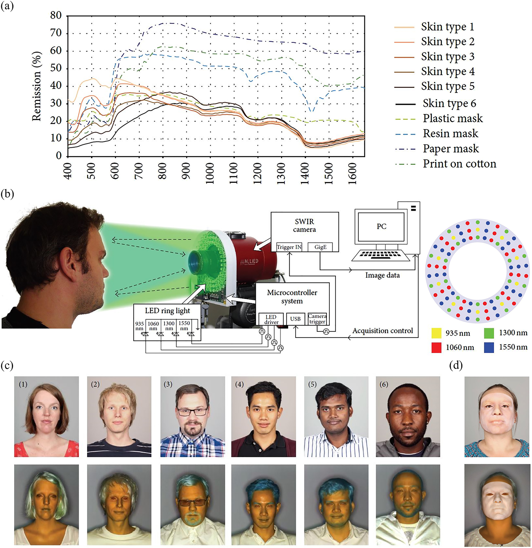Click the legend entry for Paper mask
coord(450,149)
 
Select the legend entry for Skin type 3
coord(447,56)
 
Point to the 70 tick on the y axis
coord(56,33)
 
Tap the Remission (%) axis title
coord(36,86)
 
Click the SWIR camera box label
coord(304,226)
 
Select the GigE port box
coord(320,247)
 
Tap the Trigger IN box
coord(289,247)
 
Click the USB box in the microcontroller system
coord(295,319)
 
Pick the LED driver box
coord(271,319)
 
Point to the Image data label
coord(382,276)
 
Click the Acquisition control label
coord(383,331)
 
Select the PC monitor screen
coord(381,226)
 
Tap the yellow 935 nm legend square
coord(436,333)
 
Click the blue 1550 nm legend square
coord(489,347)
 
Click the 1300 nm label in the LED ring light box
coord(169,326)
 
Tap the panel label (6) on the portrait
coord(384,385)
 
